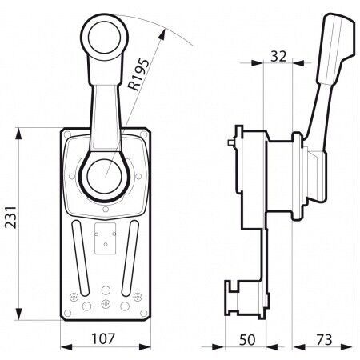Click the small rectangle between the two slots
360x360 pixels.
click(105, 241)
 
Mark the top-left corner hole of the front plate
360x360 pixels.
click(70, 134)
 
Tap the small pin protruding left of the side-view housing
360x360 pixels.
click(230, 145)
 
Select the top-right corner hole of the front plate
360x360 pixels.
click(142, 134)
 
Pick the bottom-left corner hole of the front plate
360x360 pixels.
click(69, 313)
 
